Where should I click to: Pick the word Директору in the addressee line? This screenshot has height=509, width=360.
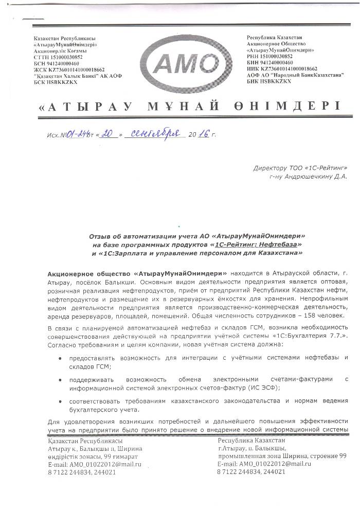tap(269, 168)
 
